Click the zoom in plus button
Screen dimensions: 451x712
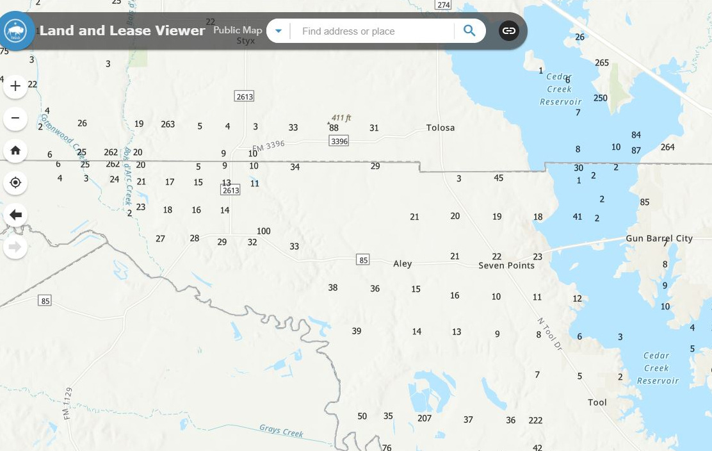(15, 86)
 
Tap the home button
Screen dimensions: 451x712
(15, 151)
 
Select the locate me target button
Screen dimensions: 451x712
(15, 183)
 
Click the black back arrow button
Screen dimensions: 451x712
(15, 215)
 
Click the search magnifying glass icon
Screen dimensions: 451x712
(470, 31)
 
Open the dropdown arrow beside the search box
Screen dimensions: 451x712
(279, 31)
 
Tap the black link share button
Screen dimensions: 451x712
(508, 31)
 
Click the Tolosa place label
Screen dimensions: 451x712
(441, 127)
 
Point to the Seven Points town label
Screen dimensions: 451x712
(506, 265)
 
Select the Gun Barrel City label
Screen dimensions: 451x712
(659, 238)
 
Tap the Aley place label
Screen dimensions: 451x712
(403, 263)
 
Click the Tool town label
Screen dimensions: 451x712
(597, 402)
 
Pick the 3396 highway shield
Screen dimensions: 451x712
(339, 141)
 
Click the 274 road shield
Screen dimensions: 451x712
(443, 4)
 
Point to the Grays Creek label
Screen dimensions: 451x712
(281, 430)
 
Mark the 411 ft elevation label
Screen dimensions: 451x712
(341, 118)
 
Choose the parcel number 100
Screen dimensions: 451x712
(263, 231)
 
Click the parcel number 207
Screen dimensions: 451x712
(425, 418)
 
